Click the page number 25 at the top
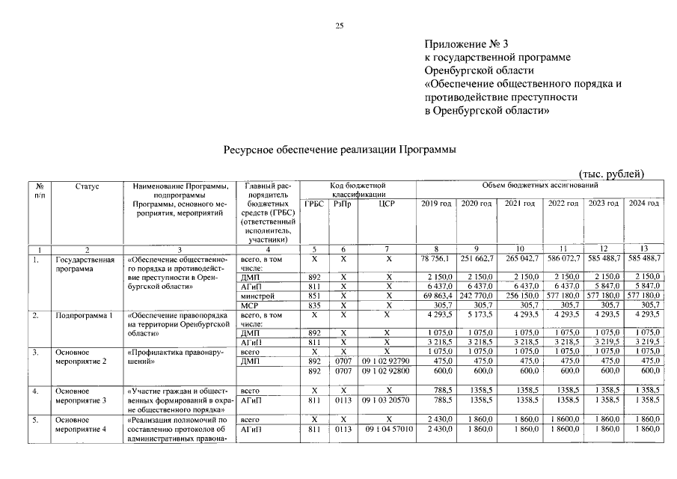tap(338, 26)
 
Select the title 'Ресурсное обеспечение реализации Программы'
tap(340, 149)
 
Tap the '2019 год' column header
tap(436, 204)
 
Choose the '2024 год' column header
tap(643, 204)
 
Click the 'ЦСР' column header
tap(387, 204)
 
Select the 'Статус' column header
tap(87, 186)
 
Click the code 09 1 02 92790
tap(387, 360)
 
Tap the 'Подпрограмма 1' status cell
tap(83, 316)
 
